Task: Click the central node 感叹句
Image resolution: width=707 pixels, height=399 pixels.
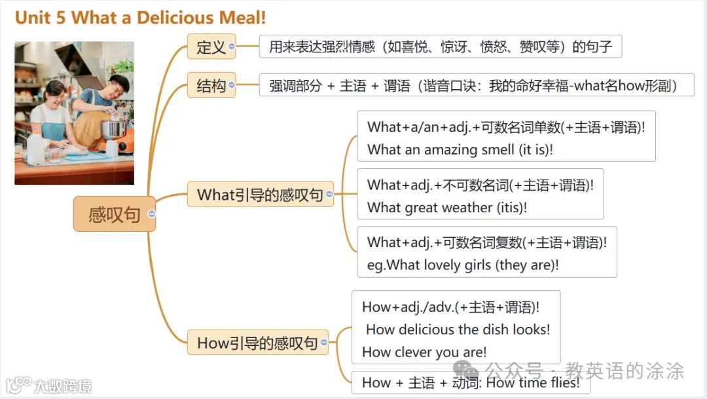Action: pyautogui.click(x=114, y=214)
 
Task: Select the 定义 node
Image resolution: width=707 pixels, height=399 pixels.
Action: pyautogui.click(x=211, y=47)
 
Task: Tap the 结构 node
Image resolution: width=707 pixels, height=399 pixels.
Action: pyautogui.click(x=211, y=85)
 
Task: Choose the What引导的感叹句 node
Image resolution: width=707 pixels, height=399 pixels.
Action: pyautogui.click(x=260, y=195)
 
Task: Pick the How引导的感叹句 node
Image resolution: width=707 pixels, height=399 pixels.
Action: pyautogui.click(x=257, y=343)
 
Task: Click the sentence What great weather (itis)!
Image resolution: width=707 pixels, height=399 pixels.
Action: pyautogui.click(x=447, y=208)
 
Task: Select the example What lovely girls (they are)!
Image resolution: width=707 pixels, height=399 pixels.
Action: pyautogui.click(x=463, y=265)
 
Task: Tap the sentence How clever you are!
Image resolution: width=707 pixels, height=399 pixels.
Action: pyautogui.click(x=424, y=352)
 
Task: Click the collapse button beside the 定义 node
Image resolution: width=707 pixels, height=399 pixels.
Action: pyautogui.click(x=232, y=47)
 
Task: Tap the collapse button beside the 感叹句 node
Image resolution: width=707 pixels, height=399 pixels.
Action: pyautogui.click(x=152, y=214)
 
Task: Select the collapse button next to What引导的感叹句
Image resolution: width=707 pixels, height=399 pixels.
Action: pyautogui.click(x=329, y=195)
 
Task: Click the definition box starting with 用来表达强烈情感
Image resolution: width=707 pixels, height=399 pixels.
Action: pyautogui.click(x=440, y=47)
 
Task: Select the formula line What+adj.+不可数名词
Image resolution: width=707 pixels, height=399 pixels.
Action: pyautogui.click(x=480, y=185)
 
